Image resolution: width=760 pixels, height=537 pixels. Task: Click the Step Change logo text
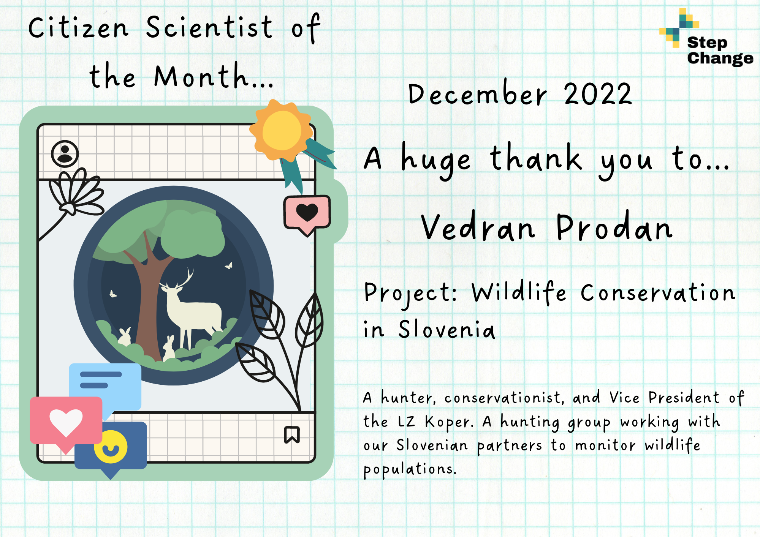coord(720,51)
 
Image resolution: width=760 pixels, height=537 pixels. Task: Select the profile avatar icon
coord(65,154)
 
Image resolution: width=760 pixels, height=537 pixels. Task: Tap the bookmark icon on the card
coord(292,434)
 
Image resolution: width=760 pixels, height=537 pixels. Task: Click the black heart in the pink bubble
coord(307,212)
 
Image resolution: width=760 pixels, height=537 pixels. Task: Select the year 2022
coord(598,94)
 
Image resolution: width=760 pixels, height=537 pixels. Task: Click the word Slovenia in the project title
coord(447,329)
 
